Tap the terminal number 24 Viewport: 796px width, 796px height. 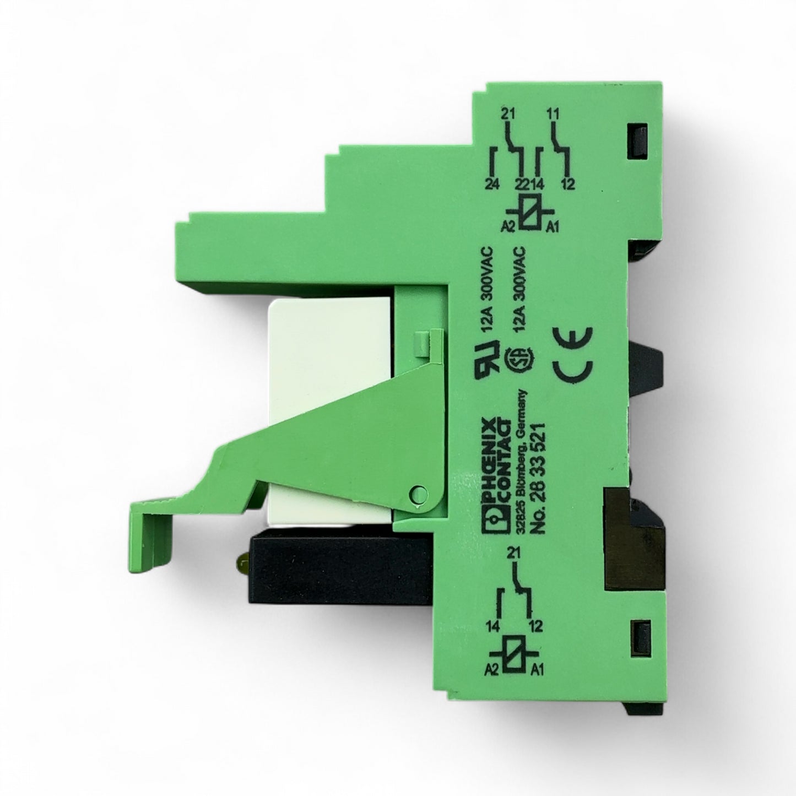tap(493, 184)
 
